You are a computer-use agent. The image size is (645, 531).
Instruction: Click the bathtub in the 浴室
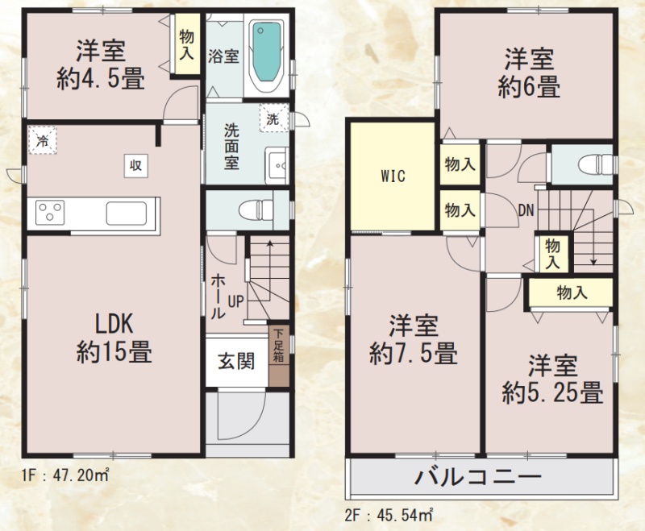267,56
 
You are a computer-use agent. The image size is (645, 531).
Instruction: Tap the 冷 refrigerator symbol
42,140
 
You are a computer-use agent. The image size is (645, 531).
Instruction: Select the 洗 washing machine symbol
273,118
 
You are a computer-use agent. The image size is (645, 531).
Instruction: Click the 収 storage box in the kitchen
135,166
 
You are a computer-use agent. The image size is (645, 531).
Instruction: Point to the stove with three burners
50,213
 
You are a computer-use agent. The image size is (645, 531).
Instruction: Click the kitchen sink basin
127,214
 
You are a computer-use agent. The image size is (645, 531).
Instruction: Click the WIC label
393,176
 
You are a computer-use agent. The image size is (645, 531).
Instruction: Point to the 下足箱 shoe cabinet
279,356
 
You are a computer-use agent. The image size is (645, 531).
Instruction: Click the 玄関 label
236,361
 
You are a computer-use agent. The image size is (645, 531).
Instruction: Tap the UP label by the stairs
235,301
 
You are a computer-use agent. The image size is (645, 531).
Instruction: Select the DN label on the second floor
526,211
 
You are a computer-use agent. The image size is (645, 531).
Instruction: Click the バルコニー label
477,477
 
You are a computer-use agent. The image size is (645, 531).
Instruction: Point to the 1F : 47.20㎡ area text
66,475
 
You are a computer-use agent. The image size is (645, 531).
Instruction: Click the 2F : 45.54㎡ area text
389,515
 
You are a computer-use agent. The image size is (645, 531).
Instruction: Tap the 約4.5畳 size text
101,78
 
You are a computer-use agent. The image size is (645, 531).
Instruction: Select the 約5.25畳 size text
552,392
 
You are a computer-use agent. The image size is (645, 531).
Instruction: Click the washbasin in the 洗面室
277,166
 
